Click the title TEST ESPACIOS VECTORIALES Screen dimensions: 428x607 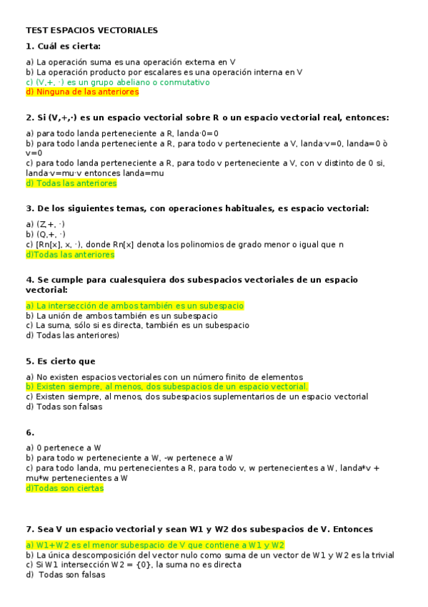point(91,31)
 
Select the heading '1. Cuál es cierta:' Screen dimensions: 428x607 point(63,47)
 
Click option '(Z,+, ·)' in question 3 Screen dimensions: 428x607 point(46,224)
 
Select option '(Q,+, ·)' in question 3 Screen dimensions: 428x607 point(46,234)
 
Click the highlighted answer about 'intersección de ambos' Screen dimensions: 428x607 point(135,306)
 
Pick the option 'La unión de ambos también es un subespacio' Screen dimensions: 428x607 point(121,316)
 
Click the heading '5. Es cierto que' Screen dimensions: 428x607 point(61,361)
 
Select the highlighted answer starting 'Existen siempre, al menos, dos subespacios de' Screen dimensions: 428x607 point(166,387)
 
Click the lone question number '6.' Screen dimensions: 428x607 point(30,432)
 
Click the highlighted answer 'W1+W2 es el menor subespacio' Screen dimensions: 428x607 point(155,545)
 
